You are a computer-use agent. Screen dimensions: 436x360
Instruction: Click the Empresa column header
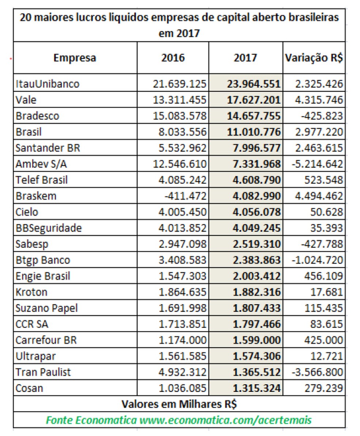75,58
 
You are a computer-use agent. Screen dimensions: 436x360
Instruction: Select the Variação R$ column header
314,58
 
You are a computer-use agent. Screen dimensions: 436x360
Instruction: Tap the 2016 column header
173,58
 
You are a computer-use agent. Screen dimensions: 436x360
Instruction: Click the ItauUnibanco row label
48,84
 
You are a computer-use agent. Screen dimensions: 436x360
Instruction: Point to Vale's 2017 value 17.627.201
256,100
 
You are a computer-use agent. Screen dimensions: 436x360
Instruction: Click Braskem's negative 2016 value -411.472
185,196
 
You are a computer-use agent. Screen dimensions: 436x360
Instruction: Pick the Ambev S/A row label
41,164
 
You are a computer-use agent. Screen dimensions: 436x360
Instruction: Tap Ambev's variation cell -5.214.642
317,164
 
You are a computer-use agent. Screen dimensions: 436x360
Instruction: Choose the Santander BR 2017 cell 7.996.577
256,148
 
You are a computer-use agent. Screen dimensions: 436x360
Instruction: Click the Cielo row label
27,212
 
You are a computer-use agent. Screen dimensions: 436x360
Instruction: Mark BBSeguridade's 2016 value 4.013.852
183,228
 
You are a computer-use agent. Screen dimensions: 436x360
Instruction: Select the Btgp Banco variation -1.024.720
317,260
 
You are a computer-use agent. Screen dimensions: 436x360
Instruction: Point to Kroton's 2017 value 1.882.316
256,292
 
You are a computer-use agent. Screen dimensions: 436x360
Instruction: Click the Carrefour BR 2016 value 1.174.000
183,340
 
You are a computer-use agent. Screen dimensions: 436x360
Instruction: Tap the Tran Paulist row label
43,372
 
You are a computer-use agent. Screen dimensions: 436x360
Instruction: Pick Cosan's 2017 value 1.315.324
256,388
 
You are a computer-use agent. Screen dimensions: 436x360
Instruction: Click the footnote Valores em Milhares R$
179,404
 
